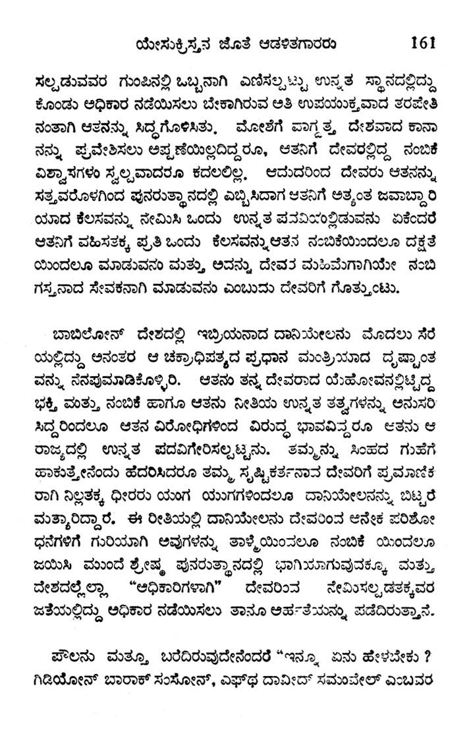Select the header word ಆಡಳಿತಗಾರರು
pos(298,45)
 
